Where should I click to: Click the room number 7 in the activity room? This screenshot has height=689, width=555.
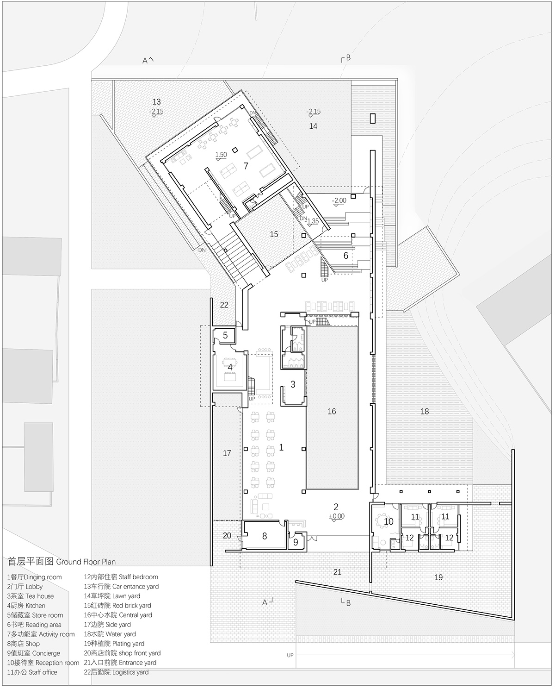click(246, 166)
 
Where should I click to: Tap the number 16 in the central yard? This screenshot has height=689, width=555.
click(332, 411)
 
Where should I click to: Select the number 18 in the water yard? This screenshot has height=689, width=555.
click(425, 411)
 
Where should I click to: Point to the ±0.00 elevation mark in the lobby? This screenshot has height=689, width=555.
click(336, 516)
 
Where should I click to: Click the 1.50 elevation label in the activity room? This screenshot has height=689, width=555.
click(221, 155)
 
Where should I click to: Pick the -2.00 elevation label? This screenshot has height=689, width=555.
click(339, 200)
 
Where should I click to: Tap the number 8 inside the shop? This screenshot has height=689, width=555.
click(265, 536)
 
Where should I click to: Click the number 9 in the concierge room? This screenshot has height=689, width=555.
click(296, 542)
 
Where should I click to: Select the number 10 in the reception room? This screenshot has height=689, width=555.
click(388, 522)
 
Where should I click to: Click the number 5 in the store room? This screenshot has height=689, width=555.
click(225, 335)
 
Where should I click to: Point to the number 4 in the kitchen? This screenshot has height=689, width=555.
click(230, 367)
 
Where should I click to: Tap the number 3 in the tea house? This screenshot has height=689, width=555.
click(293, 384)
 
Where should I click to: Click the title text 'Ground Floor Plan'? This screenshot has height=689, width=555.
click(86, 562)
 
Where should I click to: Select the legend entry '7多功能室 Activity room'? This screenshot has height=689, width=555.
click(41, 634)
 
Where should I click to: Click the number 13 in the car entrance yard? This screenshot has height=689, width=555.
click(157, 102)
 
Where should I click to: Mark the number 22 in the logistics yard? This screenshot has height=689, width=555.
click(224, 305)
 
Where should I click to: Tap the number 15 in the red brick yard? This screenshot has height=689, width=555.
click(274, 234)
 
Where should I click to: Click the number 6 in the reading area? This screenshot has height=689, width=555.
click(345, 256)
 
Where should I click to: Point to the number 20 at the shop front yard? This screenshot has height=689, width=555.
click(227, 536)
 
